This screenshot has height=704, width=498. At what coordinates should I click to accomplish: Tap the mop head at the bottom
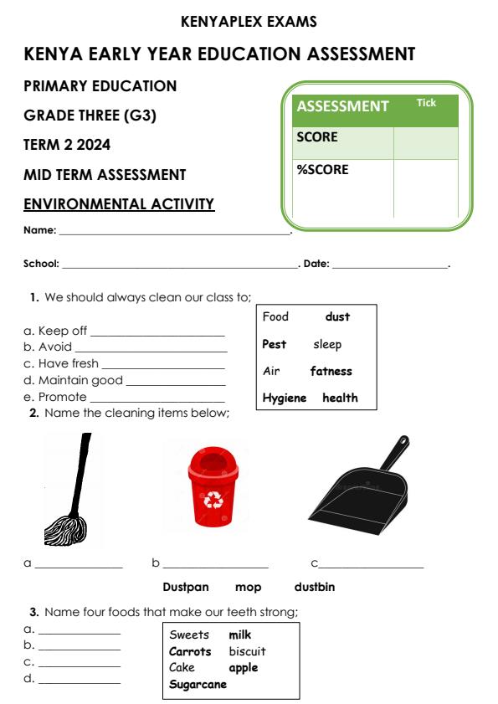coord(65,530)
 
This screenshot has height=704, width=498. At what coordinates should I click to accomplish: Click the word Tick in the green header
coord(426,103)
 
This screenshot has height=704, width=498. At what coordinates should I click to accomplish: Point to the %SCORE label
coord(322,169)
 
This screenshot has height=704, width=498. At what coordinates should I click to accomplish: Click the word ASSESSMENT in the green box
coord(342,106)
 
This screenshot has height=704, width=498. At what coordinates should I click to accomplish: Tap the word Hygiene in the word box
coord(285,398)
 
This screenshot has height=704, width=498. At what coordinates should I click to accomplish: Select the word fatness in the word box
coord(331,371)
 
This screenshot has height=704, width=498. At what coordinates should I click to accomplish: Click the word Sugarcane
coord(198,684)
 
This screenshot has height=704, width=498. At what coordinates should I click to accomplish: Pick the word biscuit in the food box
coord(247,650)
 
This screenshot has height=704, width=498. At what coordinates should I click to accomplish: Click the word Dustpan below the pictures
coord(185,587)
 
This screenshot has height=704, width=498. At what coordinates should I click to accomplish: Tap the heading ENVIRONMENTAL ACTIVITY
coord(119,204)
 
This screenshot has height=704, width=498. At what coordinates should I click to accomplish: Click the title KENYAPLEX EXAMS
coord(249,22)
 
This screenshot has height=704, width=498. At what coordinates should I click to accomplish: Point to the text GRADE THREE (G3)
coord(90,116)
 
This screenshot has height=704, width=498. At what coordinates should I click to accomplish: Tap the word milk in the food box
coord(240,635)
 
